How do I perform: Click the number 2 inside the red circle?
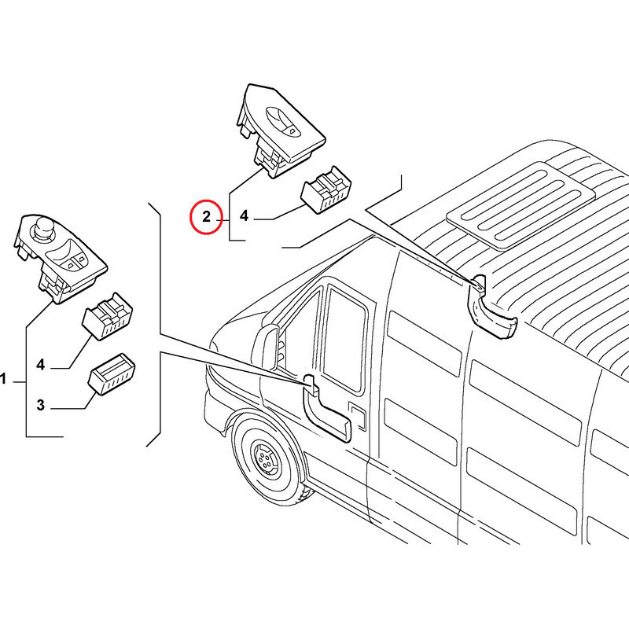206,217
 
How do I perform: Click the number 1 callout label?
3,379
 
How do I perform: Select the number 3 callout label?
41,405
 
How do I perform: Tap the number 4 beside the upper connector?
244,215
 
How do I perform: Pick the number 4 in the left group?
41,365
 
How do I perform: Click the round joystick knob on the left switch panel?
41,228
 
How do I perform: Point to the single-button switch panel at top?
281,131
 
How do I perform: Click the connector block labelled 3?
112,374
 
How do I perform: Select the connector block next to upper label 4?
326,189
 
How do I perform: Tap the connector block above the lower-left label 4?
108,316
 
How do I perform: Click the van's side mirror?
270,348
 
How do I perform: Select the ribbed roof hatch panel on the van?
520,205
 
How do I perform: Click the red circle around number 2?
206,217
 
